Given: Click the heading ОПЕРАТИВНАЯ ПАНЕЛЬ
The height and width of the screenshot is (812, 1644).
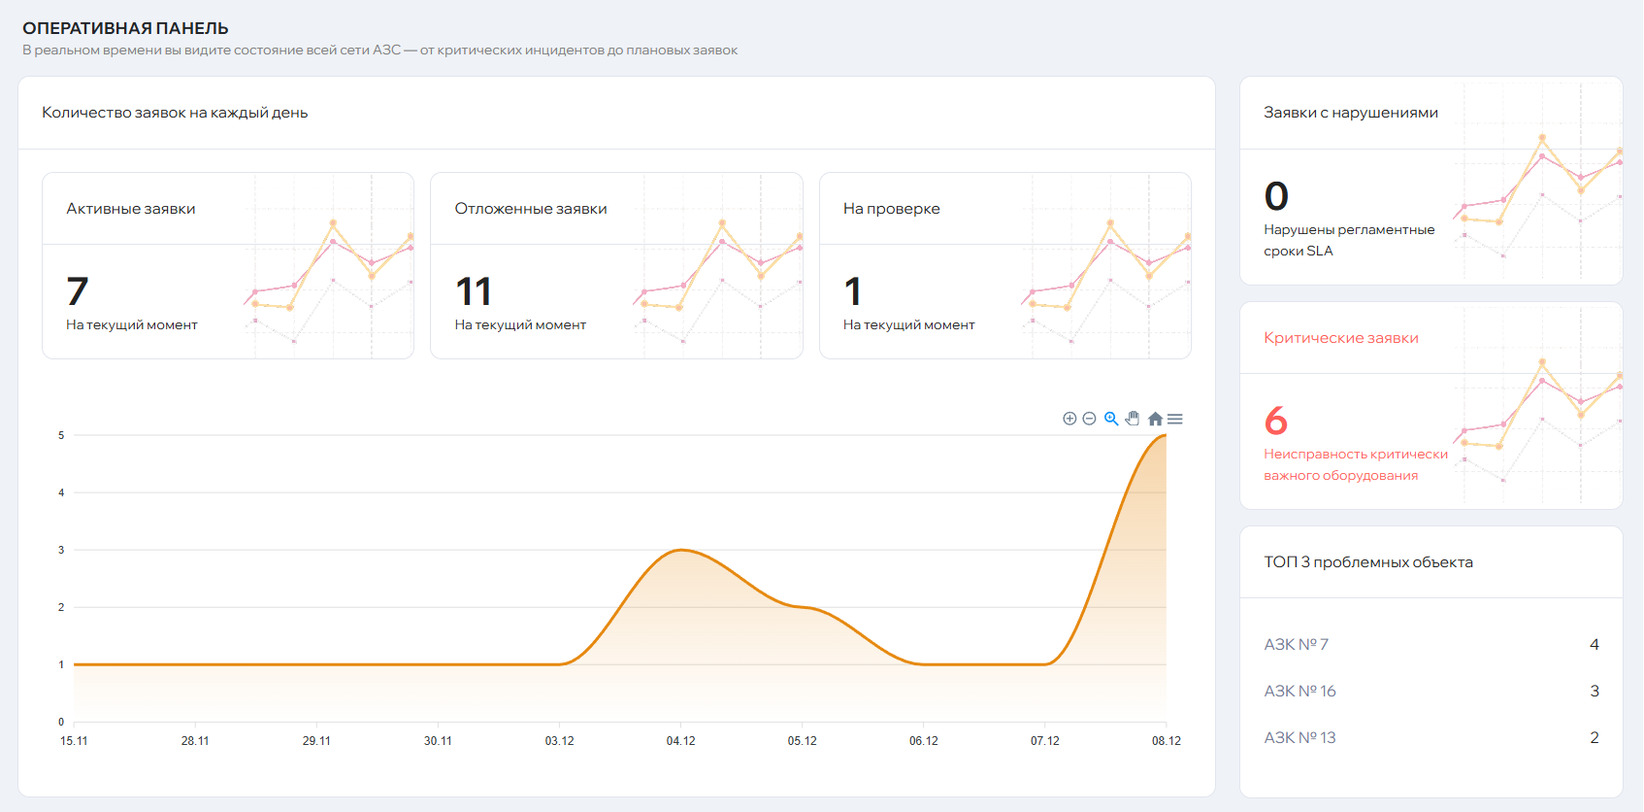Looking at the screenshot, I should (125, 28).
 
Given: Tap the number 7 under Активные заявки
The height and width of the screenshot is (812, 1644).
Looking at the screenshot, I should (78, 291).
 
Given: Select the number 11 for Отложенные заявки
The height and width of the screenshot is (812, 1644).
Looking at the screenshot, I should (474, 291).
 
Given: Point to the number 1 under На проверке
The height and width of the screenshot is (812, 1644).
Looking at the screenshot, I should (853, 291).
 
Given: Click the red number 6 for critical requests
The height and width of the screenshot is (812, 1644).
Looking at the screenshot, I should (1276, 421).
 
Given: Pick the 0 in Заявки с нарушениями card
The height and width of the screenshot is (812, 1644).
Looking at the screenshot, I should (1276, 196).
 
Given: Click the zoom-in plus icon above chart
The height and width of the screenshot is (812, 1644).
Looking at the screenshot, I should (1069, 419).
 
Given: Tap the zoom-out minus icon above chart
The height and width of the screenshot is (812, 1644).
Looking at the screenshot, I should (1089, 419).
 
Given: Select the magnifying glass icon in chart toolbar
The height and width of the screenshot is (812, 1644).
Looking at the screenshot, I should (1111, 419).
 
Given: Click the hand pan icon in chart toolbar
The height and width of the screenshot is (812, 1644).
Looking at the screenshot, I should (1133, 419).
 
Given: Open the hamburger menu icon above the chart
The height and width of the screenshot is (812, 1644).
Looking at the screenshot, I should (1175, 419).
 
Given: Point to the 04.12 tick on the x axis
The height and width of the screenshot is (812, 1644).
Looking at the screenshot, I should (680, 741).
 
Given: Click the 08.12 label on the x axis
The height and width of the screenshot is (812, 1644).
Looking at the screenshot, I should (1166, 741).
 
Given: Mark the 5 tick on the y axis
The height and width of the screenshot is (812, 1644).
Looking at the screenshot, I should (61, 435).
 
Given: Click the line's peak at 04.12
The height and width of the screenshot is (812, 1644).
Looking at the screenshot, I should (681, 551).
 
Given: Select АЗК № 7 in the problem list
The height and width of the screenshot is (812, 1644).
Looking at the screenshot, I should (1296, 645).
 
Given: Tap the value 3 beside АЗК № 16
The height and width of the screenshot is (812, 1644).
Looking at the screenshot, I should (1595, 692).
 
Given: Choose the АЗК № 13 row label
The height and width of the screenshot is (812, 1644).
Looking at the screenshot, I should (1299, 738).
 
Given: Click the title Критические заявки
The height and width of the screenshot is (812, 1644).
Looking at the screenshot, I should (1340, 338).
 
